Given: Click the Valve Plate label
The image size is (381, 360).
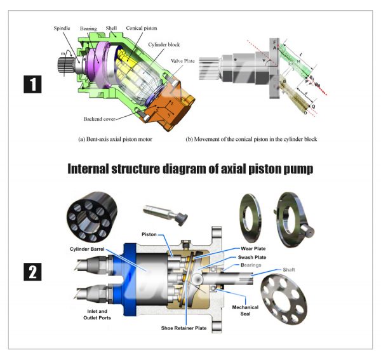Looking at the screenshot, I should [x=183, y=61].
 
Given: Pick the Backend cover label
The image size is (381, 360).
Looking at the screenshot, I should [x=102, y=119].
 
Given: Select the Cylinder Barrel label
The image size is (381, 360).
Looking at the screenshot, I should [x=86, y=249].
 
